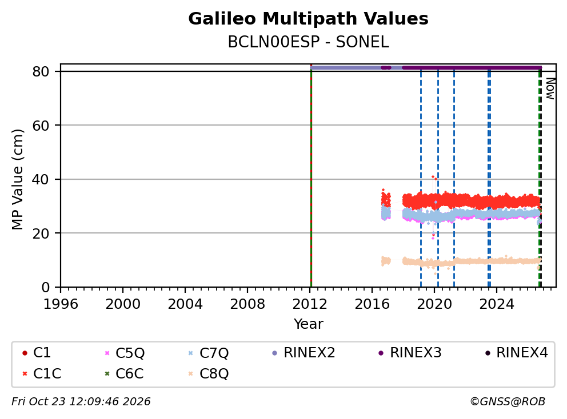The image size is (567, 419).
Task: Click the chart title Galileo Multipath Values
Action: coord(308,19)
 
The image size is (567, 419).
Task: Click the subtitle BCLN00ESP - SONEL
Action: coord(308,42)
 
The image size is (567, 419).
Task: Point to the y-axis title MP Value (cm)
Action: coord(17,179)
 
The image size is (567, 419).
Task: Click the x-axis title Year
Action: coord(308,324)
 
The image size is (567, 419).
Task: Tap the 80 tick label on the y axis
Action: coord(41,71)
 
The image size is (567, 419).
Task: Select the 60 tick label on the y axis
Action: coord(41,126)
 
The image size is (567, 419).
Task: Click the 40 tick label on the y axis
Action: coord(41,179)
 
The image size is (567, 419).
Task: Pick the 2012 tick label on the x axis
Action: coord(310,304)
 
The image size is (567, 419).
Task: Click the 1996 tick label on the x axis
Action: coord(61,304)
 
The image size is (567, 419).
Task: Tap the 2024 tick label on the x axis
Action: coord(497,304)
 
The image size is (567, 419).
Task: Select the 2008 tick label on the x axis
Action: coord(247,304)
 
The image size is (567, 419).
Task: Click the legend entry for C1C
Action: coord(42,373)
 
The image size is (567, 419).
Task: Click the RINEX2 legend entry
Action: coord(304,353)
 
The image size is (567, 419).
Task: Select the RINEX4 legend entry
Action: coord(517,353)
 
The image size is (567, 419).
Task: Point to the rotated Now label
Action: coord(550,89)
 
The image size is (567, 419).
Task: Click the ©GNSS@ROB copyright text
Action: coord(508,401)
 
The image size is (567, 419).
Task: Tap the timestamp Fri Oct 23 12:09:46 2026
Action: coord(81,401)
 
